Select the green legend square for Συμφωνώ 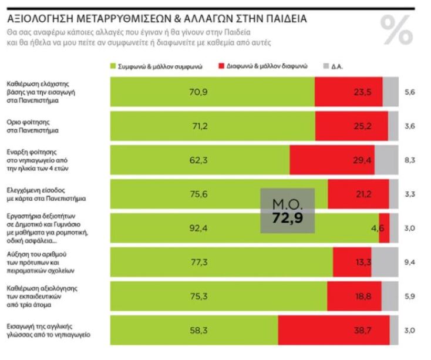[113, 66]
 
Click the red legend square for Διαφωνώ [221, 66]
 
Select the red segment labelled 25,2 [351, 126]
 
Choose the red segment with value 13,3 [351, 261]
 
